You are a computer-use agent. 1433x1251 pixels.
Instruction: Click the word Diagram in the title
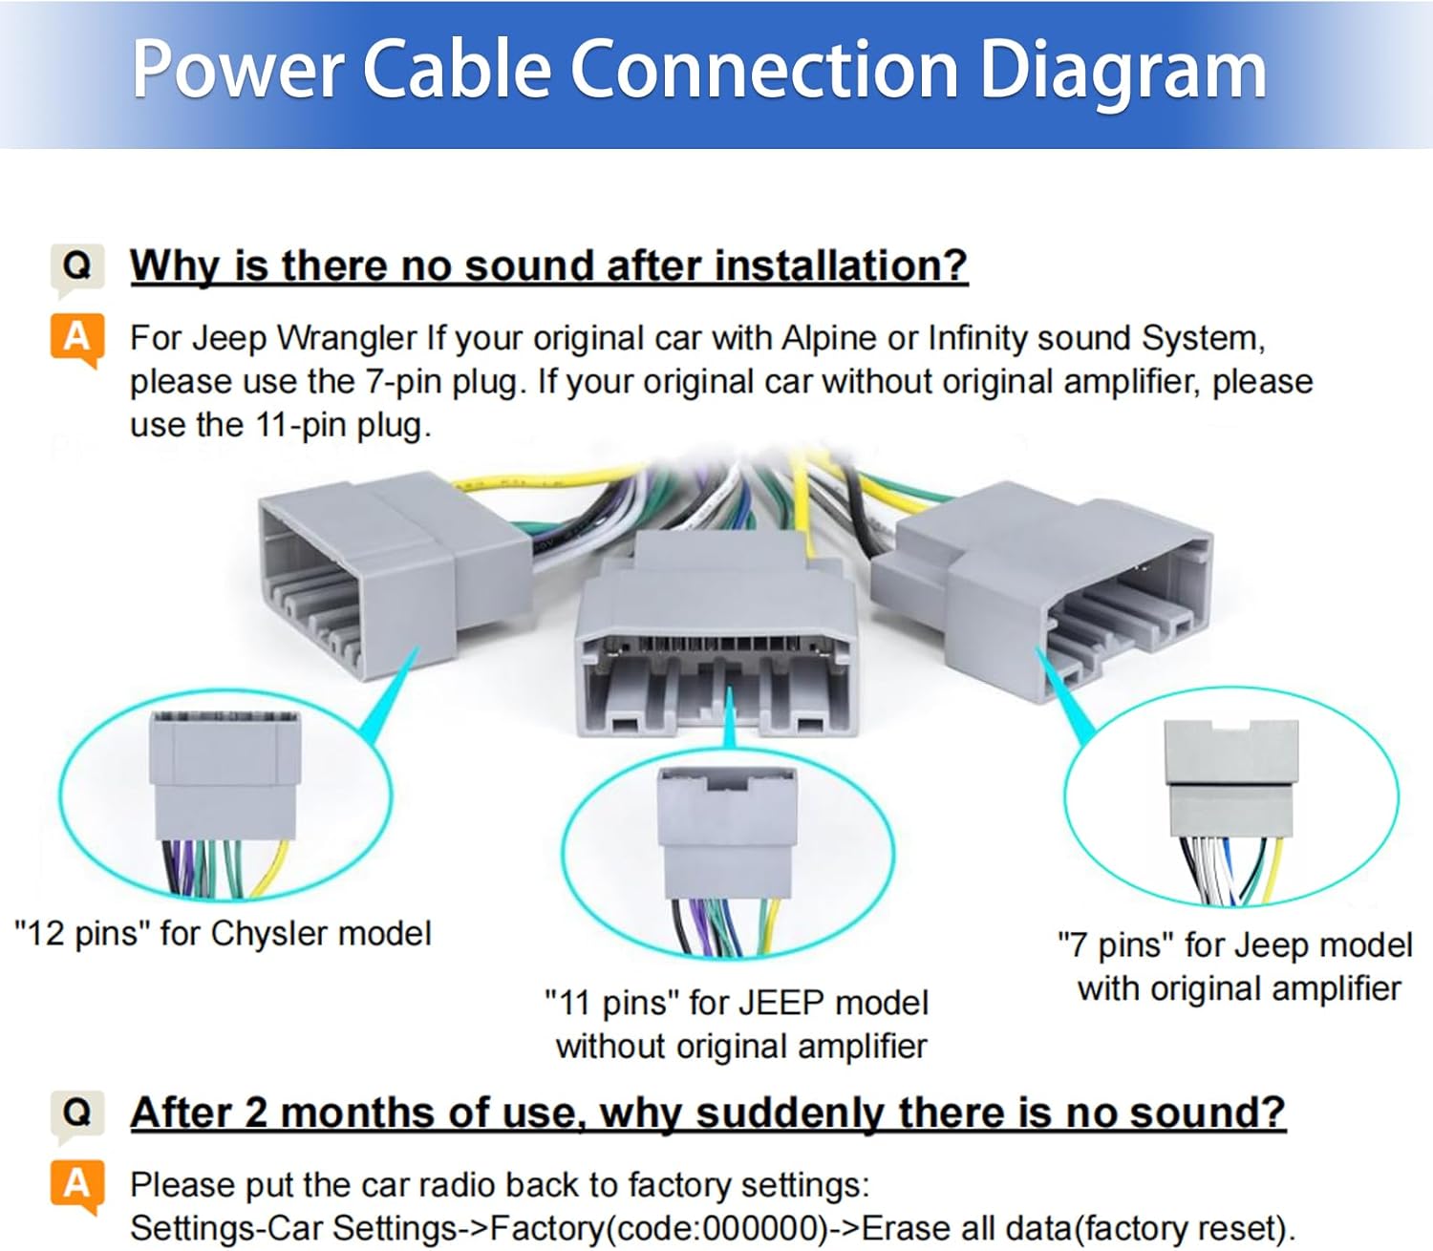coord(1123,71)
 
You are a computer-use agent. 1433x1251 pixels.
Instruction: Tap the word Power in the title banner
coord(238,71)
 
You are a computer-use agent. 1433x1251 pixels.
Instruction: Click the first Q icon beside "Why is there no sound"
coord(77,265)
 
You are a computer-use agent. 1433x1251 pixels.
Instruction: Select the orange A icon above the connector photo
coord(76,338)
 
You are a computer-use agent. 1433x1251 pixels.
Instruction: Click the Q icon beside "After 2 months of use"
coord(77,1113)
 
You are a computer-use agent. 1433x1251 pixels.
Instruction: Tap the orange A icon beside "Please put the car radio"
coord(76,1186)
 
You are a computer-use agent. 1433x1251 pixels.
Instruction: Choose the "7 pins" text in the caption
coord(1116,944)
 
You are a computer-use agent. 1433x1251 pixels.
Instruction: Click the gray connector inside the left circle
coord(225,774)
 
